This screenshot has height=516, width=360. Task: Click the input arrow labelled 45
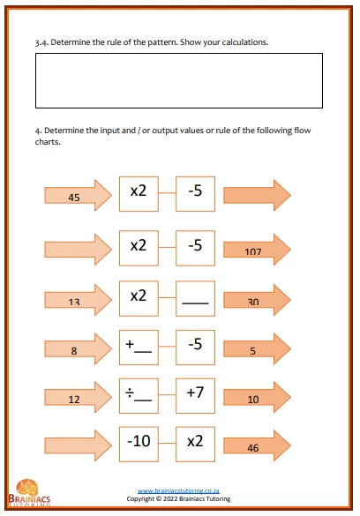click(x=78, y=195)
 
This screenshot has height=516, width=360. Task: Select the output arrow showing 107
click(x=257, y=250)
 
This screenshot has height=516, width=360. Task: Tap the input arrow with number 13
click(x=78, y=300)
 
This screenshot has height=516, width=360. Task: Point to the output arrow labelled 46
click(x=257, y=445)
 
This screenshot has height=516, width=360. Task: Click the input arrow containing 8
click(x=78, y=348)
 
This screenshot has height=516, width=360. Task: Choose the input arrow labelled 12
click(x=78, y=397)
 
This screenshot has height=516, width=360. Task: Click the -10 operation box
click(x=139, y=445)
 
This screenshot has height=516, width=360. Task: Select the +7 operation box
click(x=196, y=396)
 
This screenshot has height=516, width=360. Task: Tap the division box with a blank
click(x=139, y=396)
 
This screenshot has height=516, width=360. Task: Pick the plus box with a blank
click(x=139, y=348)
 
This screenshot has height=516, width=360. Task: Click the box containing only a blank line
click(x=196, y=298)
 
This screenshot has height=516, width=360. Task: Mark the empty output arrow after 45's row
click(x=257, y=195)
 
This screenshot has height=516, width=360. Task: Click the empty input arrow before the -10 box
click(x=78, y=445)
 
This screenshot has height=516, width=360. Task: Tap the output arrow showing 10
click(x=257, y=397)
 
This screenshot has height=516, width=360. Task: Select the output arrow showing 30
click(x=257, y=300)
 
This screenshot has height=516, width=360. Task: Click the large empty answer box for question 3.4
click(x=179, y=80)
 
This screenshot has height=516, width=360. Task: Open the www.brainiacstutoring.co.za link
click(x=178, y=491)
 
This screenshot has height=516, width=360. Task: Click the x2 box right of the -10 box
click(x=196, y=445)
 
